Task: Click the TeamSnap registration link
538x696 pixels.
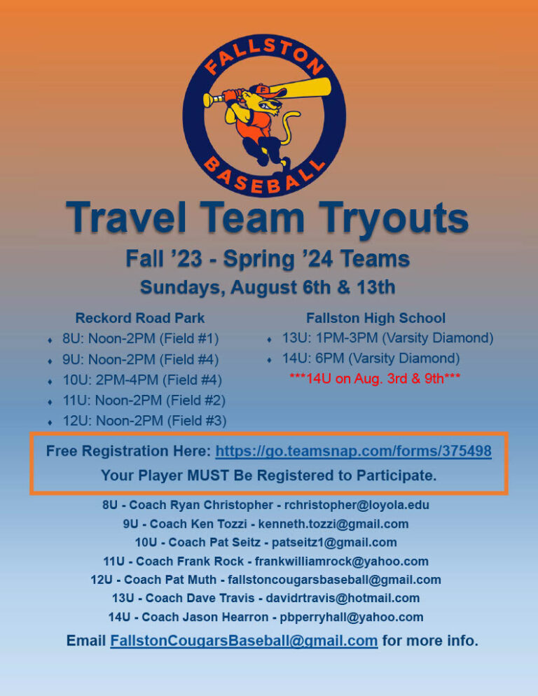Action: pyautogui.click(x=353, y=452)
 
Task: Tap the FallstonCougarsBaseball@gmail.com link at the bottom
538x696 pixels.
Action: pyautogui.click(x=244, y=641)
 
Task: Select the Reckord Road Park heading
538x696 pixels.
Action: pyautogui.click(x=140, y=318)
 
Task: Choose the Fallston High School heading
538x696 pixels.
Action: pyautogui.click(x=375, y=318)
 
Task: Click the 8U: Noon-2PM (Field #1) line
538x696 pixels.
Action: pyautogui.click(x=141, y=339)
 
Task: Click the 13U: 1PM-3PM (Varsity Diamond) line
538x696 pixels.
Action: pyautogui.click(x=387, y=338)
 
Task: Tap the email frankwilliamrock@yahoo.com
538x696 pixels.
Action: pyautogui.click(x=342, y=561)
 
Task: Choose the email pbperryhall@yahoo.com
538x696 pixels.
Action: pyautogui.click(x=352, y=617)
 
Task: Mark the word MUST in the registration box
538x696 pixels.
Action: pyautogui.click(x=209, y=475)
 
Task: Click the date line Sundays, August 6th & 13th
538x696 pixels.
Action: pyautogui.click(x=268, y=287)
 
